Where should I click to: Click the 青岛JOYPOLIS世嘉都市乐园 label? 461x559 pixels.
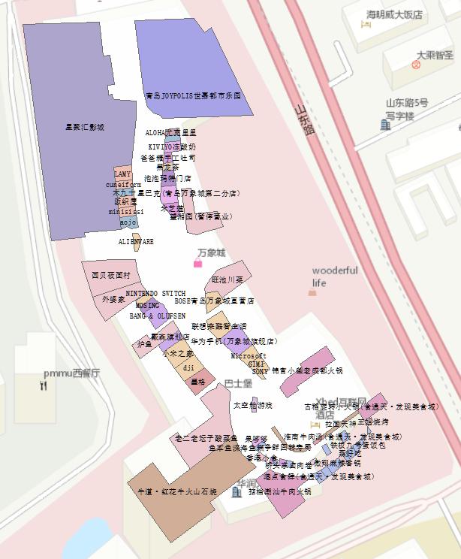click(194, 96)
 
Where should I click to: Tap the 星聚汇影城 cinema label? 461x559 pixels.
click(85, 128)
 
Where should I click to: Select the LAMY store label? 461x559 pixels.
click(122, 174)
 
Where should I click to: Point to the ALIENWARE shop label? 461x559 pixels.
click(136, 242)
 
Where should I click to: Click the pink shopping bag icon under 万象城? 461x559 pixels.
click(198, 264)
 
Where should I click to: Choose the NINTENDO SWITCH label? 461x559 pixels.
click(156, 293)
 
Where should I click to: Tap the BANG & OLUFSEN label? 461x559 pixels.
click(157, 316)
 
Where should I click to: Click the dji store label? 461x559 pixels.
click(188, 367)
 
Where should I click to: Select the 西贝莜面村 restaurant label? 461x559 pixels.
click(111, 276)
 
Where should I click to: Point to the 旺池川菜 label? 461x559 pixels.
click(227, 279)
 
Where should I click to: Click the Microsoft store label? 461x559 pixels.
click(249, 355)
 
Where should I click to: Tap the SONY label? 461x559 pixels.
click(260, 371)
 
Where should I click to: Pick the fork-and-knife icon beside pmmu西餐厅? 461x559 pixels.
click(44, 385)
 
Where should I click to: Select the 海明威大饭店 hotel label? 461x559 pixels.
click(394, 14)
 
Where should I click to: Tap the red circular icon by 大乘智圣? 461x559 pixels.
click(416, 65)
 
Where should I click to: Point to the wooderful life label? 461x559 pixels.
click(335, 276)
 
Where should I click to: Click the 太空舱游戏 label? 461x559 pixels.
click(253, 406)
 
